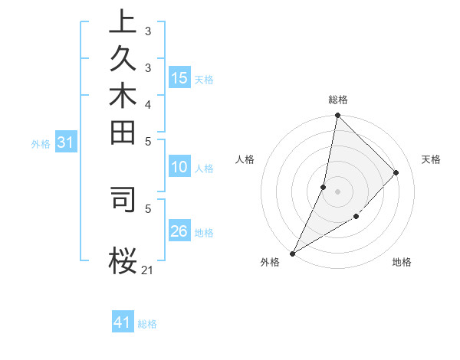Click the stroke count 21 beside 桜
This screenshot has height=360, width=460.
coord(148,270)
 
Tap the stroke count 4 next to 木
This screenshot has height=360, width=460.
coord(147,104)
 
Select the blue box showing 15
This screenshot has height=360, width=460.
coord(179,77)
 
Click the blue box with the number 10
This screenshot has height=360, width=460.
coord(179,166)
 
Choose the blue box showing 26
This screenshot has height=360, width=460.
coord(179,231)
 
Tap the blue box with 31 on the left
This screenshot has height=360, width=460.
coord(66,142)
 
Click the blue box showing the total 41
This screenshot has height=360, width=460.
coord(123,322)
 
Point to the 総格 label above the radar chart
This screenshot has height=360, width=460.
coord(337,100)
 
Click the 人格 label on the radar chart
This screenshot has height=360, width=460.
coord(245,159)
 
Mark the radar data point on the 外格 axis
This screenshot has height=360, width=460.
coord(292,253)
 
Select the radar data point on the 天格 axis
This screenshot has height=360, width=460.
coord(396,172)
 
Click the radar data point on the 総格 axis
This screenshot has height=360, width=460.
coord(337,115)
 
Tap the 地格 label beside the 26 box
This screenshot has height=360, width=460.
coord(204,233)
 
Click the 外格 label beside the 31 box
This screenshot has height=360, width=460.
coord(41,143)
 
